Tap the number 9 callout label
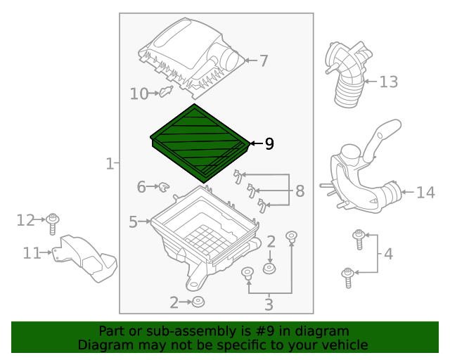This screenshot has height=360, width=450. tap(269, 144)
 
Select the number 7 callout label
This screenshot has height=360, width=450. tap(264, 61)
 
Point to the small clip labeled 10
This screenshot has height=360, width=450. tap(166, 91)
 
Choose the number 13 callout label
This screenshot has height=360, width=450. tap(389, 82)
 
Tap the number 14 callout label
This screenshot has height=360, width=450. tap(425, 192)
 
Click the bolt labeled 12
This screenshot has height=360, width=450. tap(53, 223)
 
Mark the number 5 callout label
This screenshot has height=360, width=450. tap(133, 222)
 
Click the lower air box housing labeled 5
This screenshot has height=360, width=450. tap(200, 239)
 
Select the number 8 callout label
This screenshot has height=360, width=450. tap(300, 191)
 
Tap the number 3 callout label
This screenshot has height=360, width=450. tap(268, 304)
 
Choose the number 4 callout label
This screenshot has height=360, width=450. tap(388, 253)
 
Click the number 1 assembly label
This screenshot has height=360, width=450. tap(109, 164)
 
